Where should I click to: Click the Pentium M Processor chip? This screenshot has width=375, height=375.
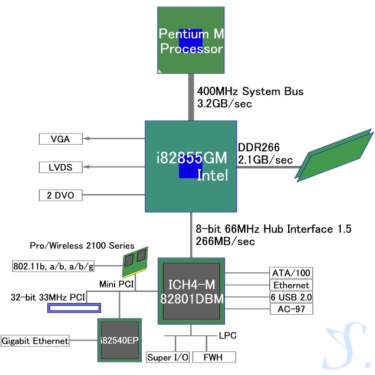click(x=191, y=40)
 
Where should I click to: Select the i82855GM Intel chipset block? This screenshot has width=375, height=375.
click(x=190, y=166)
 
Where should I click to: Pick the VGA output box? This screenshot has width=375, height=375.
click(x=60, y=139)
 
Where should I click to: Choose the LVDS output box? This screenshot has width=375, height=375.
click(x=60, y=167)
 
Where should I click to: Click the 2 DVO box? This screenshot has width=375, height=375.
click(x=60, y=195)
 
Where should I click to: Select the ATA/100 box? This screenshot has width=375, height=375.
click(x=291, y=273)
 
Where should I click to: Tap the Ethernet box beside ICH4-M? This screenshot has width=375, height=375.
click(x=291, y=285)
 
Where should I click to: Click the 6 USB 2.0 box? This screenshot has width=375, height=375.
click(x=291, y=297)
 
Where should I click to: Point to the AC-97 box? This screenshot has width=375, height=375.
click(x=291, y=309)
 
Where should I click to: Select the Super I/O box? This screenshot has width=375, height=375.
click(x=168, y=357)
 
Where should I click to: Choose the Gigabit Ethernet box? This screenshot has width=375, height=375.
click(x=35, y=341)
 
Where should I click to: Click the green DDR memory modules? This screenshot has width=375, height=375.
click(x=337, y=155)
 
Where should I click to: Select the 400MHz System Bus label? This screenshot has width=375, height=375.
click(x=250, y=92)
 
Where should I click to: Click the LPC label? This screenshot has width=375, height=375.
click(x=229, y=335)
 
